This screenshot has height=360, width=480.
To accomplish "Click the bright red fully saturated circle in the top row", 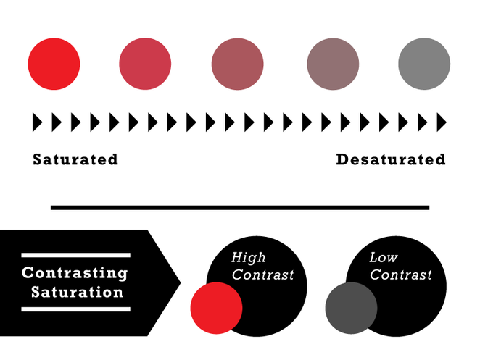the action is [x=54, y=64].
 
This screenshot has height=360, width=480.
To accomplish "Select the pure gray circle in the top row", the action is [x=424, y=64].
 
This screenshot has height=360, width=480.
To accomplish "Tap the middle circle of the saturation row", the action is [x=238, y=64].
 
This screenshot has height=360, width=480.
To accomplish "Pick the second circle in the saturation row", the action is [x=145, y=64].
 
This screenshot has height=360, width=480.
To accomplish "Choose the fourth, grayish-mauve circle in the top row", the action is [x=333, y=64].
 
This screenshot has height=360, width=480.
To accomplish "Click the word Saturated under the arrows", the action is [x=75, y=159].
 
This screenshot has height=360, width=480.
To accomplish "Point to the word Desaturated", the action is [x=391, y=159].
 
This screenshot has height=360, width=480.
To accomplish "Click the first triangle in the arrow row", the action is [x=38, y=122].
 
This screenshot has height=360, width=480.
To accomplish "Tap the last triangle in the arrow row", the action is [x=442, y=122].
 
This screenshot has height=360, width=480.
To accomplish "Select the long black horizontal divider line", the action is [x=240, y=208].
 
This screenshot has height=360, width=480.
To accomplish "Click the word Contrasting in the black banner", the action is [x=75, y=273].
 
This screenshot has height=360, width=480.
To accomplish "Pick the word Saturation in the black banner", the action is [x=78, y=292].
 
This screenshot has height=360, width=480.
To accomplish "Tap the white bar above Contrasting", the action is [x=76, y=255].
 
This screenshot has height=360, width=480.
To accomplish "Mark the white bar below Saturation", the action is [x=76, y=309].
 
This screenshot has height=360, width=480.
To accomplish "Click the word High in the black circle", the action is [x=248, y=258].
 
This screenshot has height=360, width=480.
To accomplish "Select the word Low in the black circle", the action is [x=384, y=257].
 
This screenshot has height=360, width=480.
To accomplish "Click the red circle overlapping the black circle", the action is [x=216, y=308].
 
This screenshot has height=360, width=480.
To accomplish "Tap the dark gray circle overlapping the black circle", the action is [x=351, y=308].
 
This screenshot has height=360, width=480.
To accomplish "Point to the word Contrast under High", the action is [x=262, y=275].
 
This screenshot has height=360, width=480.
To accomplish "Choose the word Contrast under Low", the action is [x=401, y=275].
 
